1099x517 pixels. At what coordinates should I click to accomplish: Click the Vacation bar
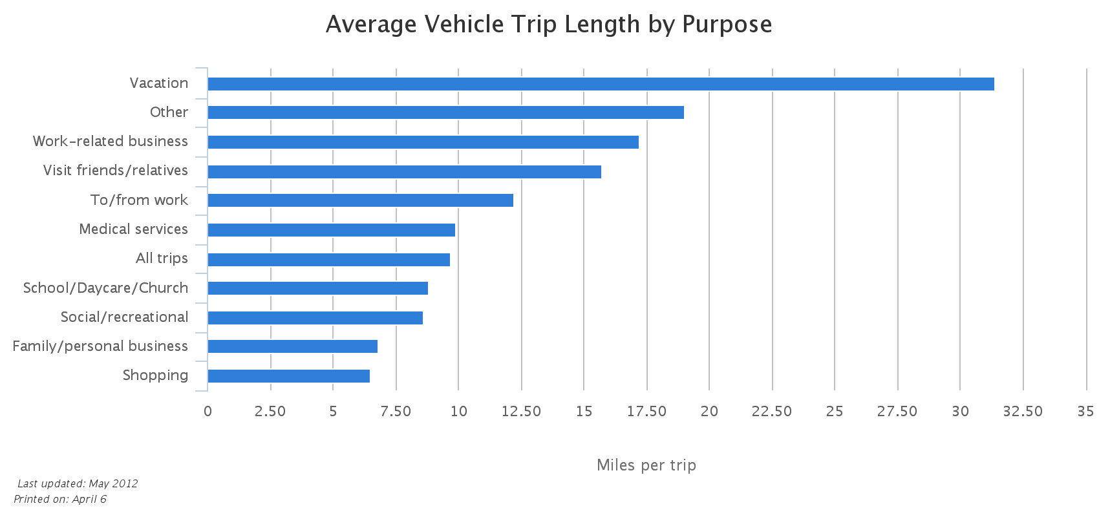601,83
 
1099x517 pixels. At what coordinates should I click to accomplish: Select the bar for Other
445,112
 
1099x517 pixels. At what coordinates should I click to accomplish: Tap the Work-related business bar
423,142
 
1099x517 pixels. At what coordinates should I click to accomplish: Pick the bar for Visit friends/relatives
404,171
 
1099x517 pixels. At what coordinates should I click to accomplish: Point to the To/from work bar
360,200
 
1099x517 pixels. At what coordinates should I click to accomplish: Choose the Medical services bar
331,230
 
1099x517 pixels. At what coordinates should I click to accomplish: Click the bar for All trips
328,259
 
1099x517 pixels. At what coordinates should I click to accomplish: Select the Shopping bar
288,376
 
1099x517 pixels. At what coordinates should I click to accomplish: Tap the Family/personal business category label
100,346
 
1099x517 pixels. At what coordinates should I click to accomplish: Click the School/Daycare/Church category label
105,288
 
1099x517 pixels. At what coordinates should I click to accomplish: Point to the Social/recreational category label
124,317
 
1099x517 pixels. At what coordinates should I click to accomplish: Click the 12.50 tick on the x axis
521,412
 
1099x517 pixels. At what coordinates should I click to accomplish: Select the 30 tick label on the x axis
960,412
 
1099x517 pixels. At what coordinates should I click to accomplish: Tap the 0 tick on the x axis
208,412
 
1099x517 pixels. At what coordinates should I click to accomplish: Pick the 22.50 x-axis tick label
772,412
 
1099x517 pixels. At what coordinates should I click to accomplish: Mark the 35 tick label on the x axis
1085,412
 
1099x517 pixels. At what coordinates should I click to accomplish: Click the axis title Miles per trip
646,465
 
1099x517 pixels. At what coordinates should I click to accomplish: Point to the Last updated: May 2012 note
77,483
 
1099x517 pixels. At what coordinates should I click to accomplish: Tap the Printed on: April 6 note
59,499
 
